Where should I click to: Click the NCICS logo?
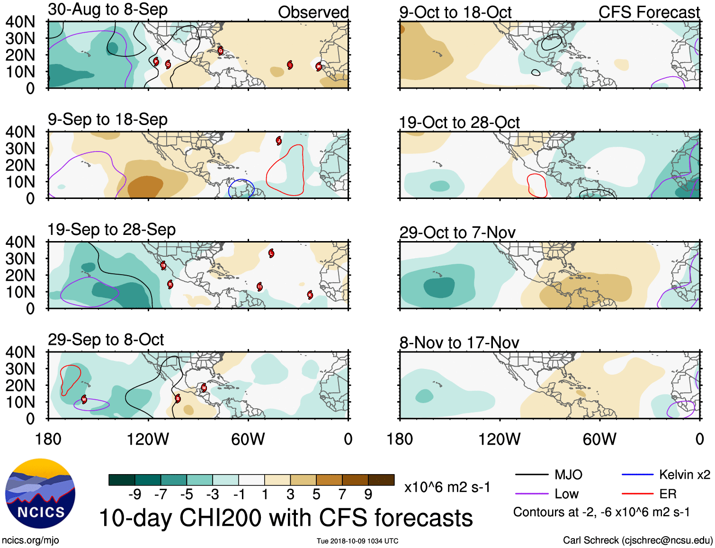(40, 493)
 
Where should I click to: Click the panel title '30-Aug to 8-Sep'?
(107, 9)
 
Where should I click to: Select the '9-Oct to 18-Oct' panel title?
(455, 12)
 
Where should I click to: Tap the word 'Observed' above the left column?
(313, 12)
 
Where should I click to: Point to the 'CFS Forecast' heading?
(649, 12)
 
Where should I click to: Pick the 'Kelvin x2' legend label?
(684, 475)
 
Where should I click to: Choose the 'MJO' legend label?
(568, 475)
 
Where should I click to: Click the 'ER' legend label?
(668, 494)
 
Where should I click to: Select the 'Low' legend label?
(567, 494)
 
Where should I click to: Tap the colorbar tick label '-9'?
(134, 494)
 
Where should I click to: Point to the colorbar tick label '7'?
(342, 494)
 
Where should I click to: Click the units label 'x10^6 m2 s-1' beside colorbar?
(447, 487)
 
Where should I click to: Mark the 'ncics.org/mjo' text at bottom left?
(30, 540)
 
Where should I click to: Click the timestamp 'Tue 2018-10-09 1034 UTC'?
(357, 541)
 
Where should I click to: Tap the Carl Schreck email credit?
(637, 540)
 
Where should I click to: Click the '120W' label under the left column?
(148, 439)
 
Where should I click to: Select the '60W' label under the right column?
(599, 439)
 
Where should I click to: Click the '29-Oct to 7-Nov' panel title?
(457, 233)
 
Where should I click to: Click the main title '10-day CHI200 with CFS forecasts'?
(286, 518)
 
